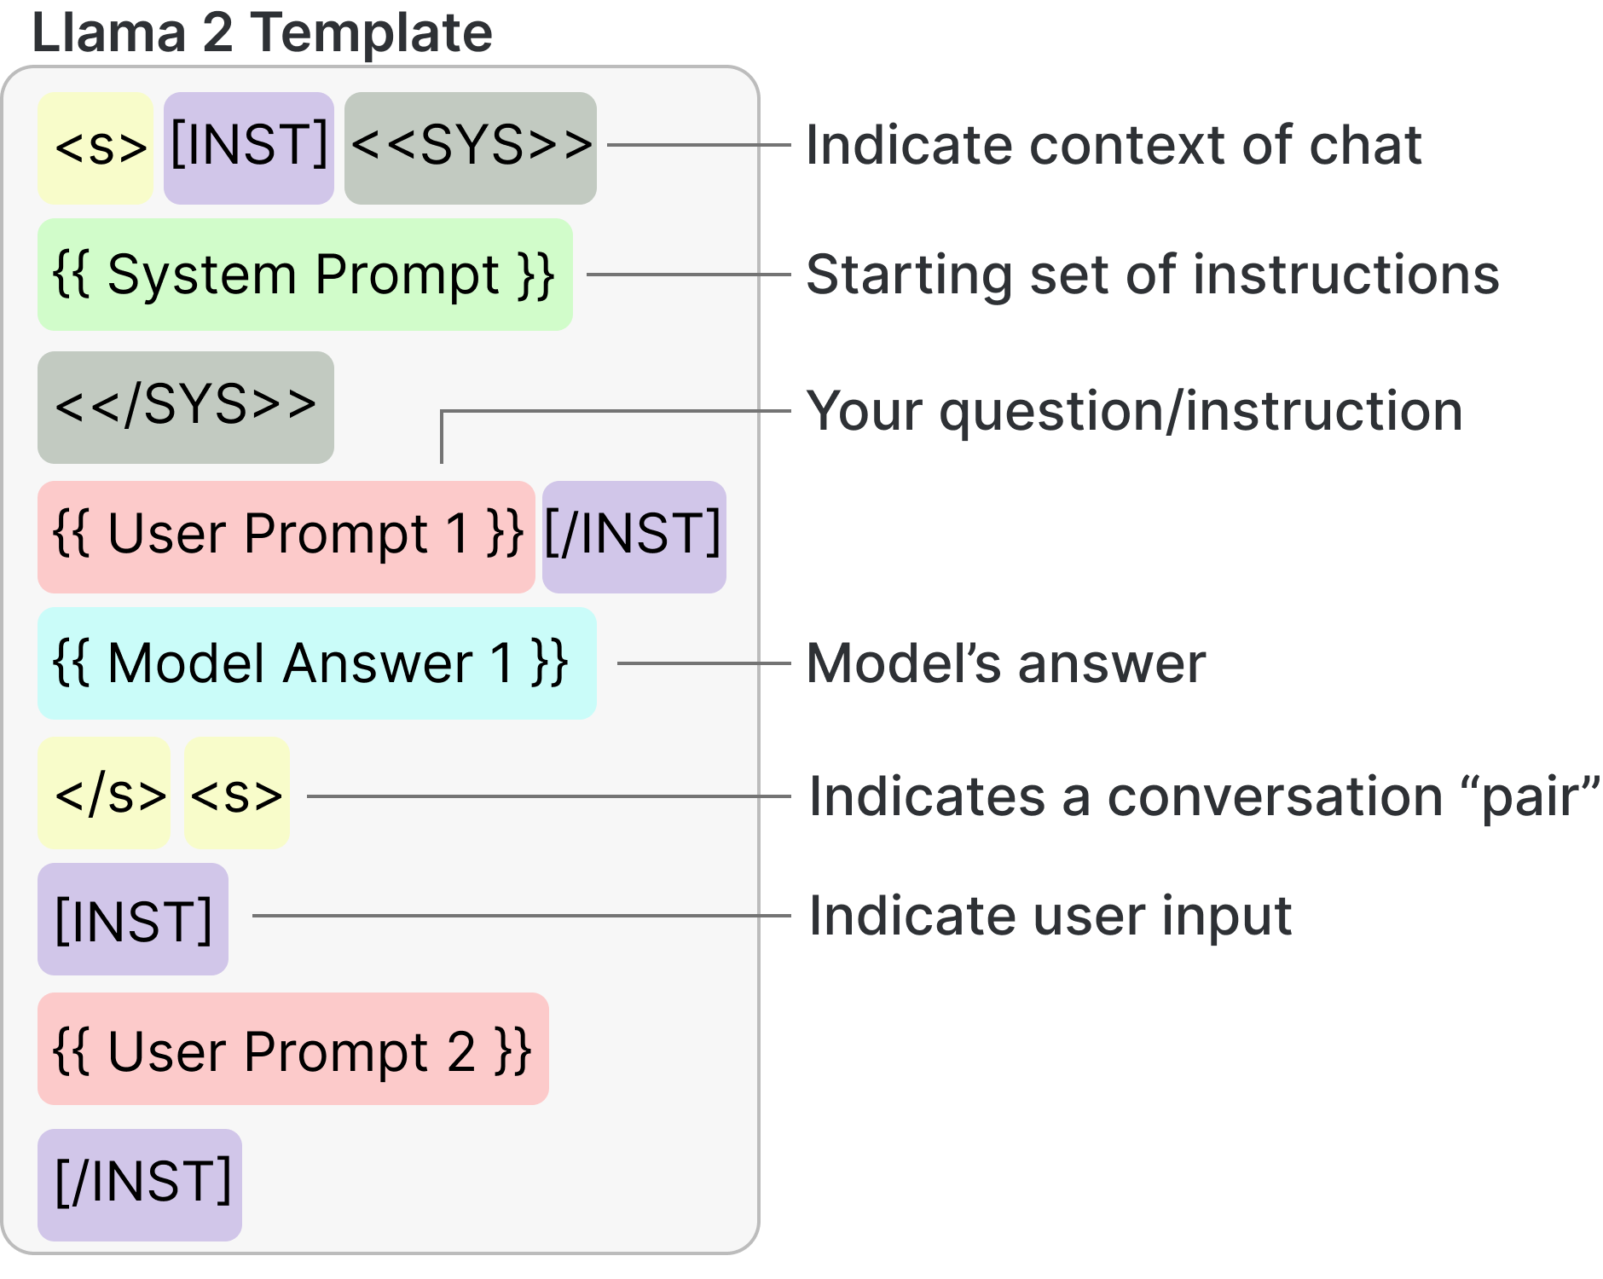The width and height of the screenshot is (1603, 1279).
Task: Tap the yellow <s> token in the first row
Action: [95, 148]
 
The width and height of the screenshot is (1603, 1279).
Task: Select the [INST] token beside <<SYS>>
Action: [248, 148]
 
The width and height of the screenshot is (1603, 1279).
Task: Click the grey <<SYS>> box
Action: [470, 148]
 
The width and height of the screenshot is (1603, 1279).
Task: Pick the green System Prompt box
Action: [304, 275]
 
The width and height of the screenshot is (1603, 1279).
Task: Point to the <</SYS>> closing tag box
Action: [185, 407]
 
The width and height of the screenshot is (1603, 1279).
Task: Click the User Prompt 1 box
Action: [286, 536]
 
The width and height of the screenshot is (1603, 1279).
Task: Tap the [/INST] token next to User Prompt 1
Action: [634, 536]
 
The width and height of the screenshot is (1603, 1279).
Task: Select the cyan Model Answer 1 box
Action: [316, 663]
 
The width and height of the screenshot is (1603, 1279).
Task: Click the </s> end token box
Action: [104, 793]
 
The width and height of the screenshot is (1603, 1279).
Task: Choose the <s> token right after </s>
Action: [236, 793]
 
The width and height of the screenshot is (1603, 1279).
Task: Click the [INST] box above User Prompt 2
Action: [133, 919]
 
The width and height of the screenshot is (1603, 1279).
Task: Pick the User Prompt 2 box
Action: [292, 1049]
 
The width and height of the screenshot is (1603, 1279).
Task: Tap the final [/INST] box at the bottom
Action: [140, 1184]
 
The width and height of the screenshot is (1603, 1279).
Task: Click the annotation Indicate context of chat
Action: [1113, 145]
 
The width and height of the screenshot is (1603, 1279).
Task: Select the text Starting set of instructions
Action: [1152, 275]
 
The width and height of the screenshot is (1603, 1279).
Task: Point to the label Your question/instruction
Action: [1134, 412]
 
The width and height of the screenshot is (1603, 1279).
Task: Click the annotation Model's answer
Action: [1006, 663]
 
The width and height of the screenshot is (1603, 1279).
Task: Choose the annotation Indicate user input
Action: [1050, 917]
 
